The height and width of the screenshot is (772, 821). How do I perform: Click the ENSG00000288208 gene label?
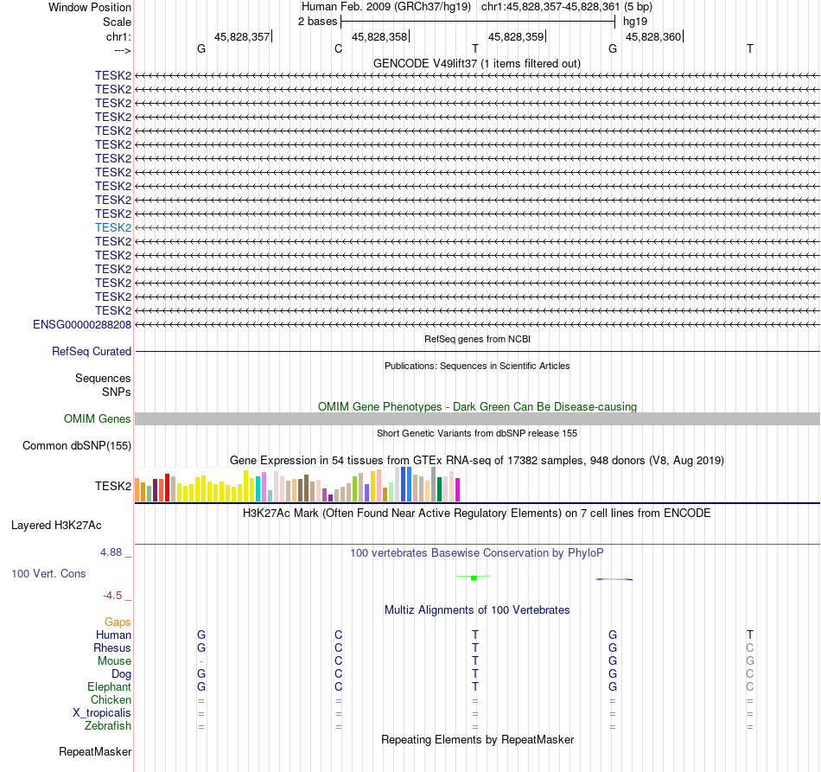tap(82, 324)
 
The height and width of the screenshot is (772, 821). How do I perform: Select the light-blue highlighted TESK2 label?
tap(113, 227)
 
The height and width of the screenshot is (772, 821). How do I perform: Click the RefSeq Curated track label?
tap(92, 352)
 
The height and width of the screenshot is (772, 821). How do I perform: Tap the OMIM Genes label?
tap(98, 419)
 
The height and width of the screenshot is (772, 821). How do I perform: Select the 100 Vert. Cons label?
tap(48, 574)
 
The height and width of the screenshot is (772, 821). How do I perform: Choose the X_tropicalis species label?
tap(102, 713)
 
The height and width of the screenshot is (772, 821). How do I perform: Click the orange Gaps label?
tap(118, 622)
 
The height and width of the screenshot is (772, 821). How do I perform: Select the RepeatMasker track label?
tap(95, 752)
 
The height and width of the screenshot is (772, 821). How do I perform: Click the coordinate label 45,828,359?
tap(516, 36)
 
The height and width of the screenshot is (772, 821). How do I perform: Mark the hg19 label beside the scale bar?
tap(635, 21)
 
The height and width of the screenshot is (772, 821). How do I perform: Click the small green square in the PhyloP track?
tap(474, 577)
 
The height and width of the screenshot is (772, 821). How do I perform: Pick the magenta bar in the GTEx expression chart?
tap(458, 489)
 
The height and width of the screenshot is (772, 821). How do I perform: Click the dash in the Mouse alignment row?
tap(201, 661)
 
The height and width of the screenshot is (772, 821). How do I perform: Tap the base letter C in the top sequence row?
tap(339, 48)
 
